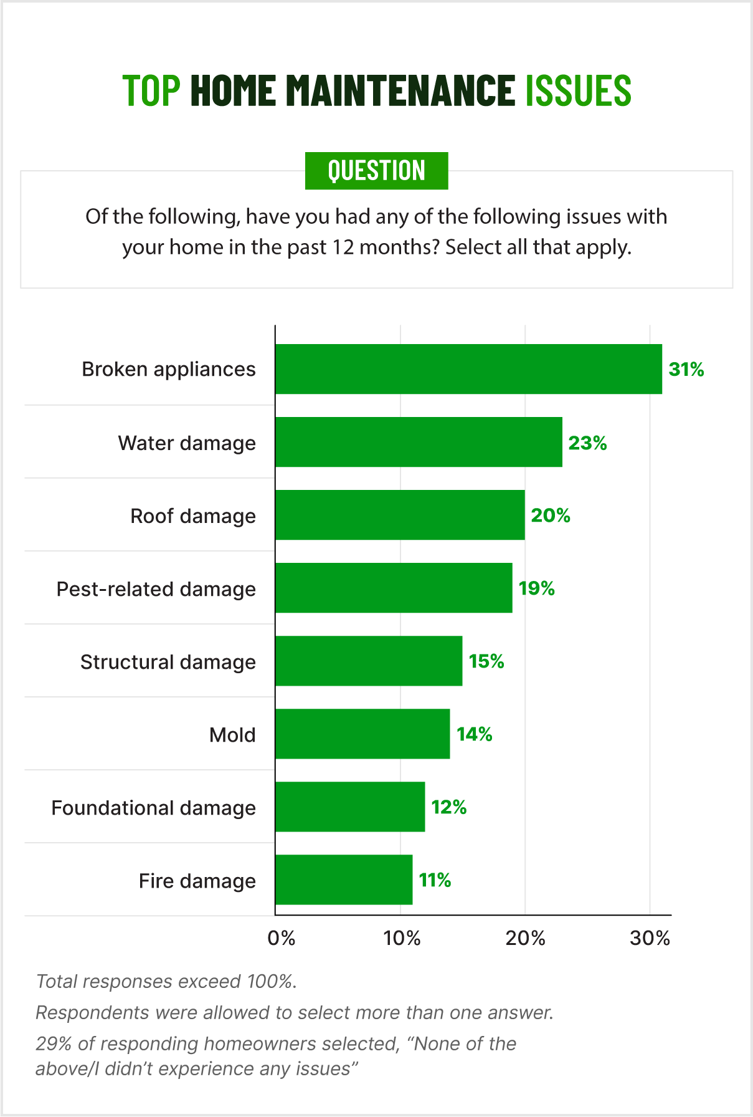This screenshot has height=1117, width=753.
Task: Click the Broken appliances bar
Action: (x=468, y=369)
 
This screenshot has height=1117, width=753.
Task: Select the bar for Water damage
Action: (x=419, y=442)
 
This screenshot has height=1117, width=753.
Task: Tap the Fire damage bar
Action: (x=344, y=880)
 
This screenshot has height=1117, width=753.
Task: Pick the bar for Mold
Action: (x=362, y=734)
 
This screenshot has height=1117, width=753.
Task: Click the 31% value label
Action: (x=686, y=370)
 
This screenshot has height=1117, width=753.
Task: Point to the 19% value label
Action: (x=537, y=588)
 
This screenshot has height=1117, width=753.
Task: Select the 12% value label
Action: (x=449, y=807)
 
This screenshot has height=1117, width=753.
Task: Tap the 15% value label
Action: (x=486, y=661)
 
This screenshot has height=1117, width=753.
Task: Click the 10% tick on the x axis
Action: (x=402, y=938)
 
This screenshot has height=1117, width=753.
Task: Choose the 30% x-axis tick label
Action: (x=650, y=938)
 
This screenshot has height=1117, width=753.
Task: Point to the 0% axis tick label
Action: (x=281, y=938)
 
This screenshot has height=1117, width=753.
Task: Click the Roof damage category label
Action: (x=193, y=516)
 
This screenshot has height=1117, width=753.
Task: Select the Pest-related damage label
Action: (x=156, y=589)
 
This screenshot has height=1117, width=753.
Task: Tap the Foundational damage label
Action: (x=154, y=808)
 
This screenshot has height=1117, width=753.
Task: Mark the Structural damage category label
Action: (x=168, y=662)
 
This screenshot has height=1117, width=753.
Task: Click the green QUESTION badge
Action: (x=376, y=171)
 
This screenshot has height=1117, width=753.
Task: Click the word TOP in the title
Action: (x=151, y=90)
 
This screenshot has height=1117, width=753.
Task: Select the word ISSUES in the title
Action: (x=578, y=90)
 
